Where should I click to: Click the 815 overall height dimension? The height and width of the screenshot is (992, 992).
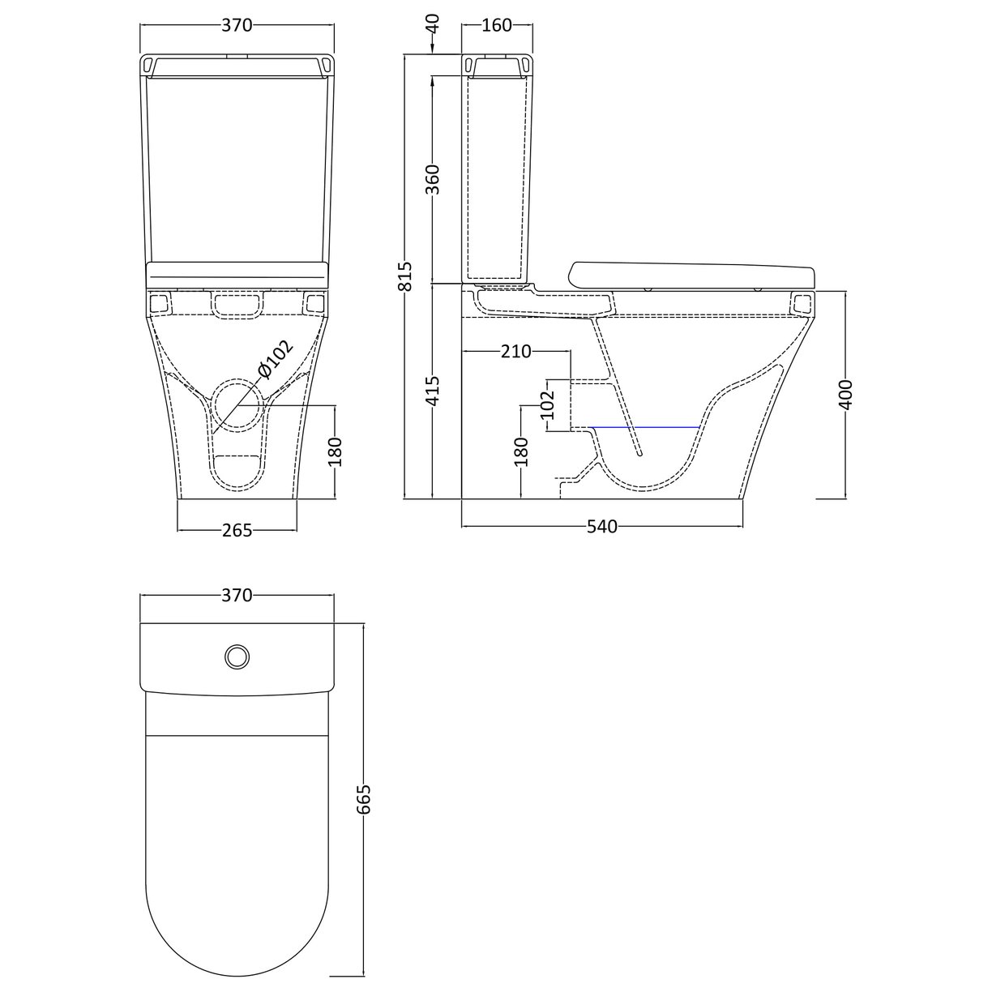pos(407,276)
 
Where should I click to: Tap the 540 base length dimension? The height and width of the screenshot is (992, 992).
pos(601,527)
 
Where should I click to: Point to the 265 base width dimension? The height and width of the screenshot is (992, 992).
pos(237,531)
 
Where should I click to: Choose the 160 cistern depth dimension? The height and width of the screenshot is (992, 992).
pos(496,25)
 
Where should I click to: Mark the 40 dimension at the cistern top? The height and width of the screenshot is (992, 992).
pos(433,23)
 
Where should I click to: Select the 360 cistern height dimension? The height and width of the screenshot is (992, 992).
pos(433,179)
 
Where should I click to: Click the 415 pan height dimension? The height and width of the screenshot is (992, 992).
pos(433,391)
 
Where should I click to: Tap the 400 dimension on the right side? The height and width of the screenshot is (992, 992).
pos(846,395)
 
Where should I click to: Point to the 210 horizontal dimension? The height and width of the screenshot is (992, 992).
pos(515,351)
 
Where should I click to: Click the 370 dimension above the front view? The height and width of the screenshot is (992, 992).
pos(237,25)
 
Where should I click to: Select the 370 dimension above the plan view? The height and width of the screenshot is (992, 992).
pos(237,596)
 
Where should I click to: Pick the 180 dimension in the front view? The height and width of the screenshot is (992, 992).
pos(336,451)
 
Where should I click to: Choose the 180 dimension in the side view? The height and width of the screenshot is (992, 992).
pos(521,451)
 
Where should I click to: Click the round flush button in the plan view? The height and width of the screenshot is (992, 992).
pos(237,656)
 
